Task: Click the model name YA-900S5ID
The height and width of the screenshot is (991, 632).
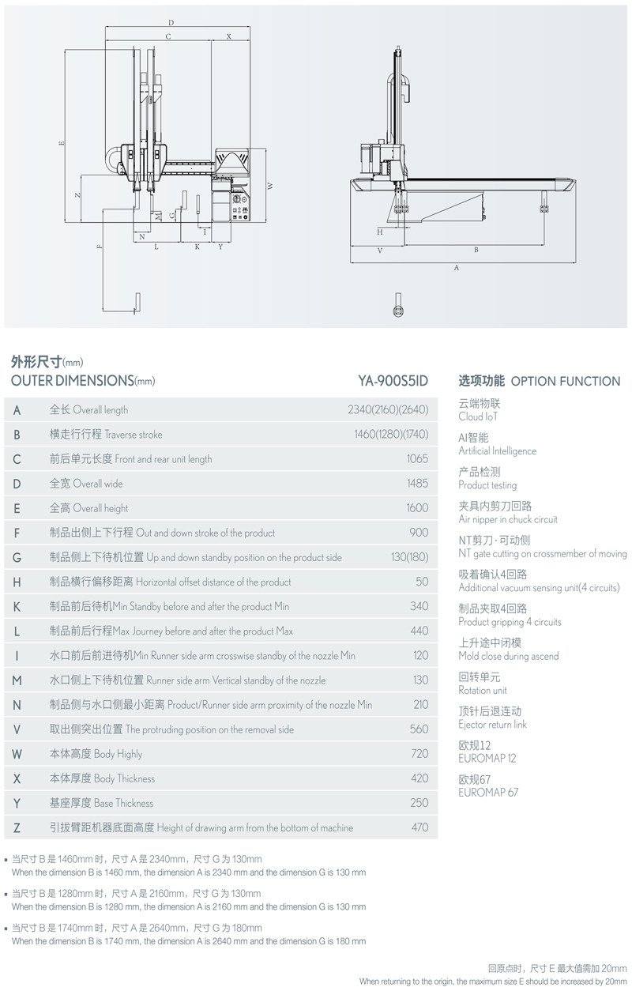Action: pyautogui.click(x=393, y=380)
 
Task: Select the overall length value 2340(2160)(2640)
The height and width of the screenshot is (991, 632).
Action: pyautogui.click(x=388, y=410)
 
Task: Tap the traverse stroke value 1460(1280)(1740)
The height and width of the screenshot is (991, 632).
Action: pyautogui.click(x=390, y=435)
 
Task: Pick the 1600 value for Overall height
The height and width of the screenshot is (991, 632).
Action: pyautogui.click(x=416, y=508)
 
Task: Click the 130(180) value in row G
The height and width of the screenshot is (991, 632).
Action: pyautogui.click(x=409, y=557)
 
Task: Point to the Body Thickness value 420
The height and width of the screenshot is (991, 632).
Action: pyautogui.click(x=419, y=778)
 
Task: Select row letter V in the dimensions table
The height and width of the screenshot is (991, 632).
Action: pyautogui.click(x=17, y=729)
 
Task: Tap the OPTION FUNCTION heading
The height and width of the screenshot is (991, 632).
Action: pyautogui.click(x=566, y=381)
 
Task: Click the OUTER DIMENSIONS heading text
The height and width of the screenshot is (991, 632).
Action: pyautogui.click(x=73, y=380)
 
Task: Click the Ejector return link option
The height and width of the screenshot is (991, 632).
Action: pyautogui.click(x=493, y=725)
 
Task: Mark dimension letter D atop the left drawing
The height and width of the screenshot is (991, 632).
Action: pyautogui.click(x=171, y=23)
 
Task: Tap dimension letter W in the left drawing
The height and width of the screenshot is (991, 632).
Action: pyautogui.click(x=269, y=186)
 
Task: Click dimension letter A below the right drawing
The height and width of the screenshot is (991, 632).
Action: pyautogui.click(x=457, y=269)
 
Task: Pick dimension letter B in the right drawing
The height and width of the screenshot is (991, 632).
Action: pyautogui.click(x=476, y=250)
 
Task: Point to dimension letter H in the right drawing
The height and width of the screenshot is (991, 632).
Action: pyautogui.click(x=380, y=232)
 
